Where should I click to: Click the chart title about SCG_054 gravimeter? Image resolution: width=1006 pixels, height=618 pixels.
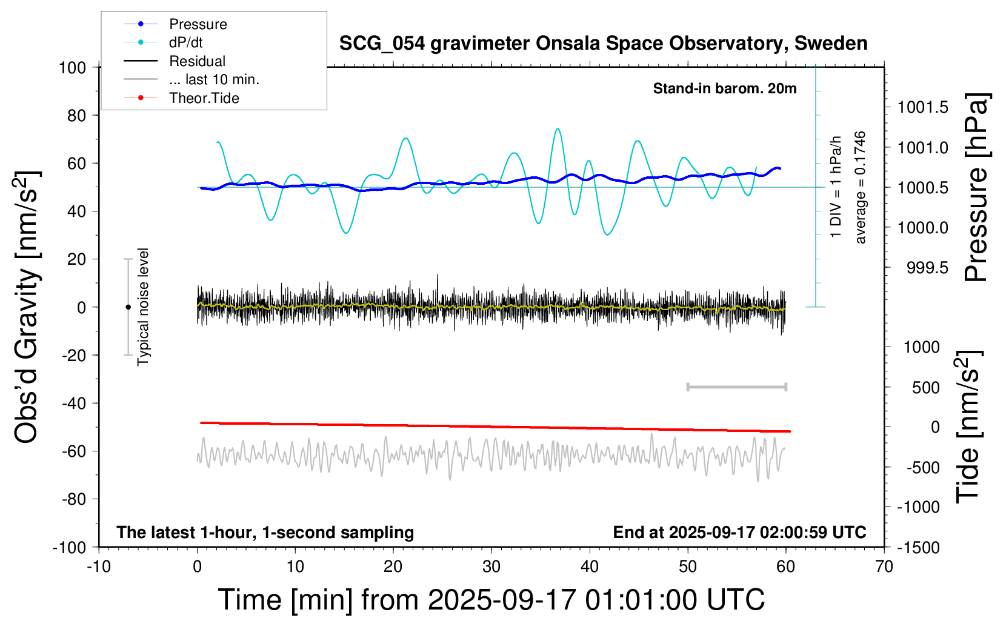click(x=603, y=44)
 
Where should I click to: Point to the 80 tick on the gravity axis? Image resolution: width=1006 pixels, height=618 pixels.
click(x=76, y=115)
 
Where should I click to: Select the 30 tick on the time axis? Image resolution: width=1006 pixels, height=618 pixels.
click(x=491, y=567)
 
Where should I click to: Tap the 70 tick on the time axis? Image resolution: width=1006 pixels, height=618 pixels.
click(x=884, y=567)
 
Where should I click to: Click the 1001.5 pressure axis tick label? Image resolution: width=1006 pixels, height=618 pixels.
click(x=923, y=108)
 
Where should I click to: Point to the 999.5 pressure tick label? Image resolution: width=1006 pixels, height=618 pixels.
click(x=927, y=268)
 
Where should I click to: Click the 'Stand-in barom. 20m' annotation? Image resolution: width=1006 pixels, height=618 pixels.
click(x=724, y=88)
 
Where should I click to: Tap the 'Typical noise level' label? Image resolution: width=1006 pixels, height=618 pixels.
click(x=143, y=307)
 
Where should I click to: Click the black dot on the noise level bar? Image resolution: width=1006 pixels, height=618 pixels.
click(x=128, y=307)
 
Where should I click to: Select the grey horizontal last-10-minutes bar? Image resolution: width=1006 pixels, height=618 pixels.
click(x=736, y=387)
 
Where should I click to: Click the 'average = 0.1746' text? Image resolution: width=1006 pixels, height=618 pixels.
click(x=861, y=187)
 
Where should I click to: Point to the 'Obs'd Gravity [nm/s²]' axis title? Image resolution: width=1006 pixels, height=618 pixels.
click(x=27, y=307)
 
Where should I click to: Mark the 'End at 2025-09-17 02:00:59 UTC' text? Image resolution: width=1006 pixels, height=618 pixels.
click(x=739, y=532)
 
